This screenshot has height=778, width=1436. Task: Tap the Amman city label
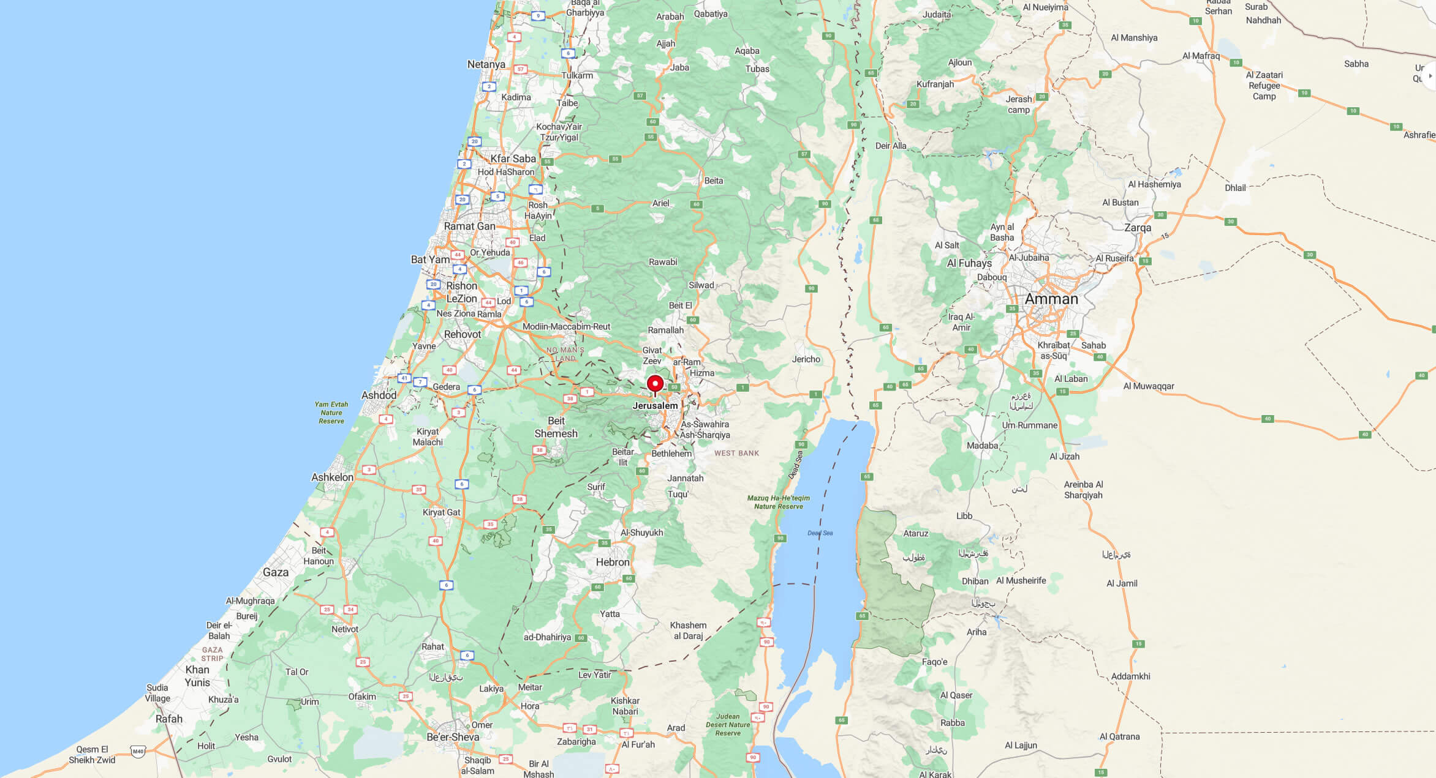coord(1051,299)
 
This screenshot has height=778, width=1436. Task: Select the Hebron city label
coord(612,562)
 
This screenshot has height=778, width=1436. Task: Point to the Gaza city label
coord(275,572)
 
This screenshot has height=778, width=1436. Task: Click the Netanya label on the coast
coord(486,64)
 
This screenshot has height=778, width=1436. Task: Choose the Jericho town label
coord(806,359)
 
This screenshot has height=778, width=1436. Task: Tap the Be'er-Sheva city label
coord(453,737)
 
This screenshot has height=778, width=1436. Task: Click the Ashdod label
coord(379,395)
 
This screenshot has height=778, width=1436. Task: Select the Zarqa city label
coord(1137,228)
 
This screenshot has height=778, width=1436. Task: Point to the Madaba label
coord(982,446)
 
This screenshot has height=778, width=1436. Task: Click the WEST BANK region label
coord(736,453)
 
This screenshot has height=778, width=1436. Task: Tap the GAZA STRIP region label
coord(212,654)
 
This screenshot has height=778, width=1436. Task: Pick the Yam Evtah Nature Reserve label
coord(331,413)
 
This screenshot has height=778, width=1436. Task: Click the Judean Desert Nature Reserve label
coord(728,725)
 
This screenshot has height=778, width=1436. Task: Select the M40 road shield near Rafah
coord(138,752)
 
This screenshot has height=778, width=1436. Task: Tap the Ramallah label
coord(665,330)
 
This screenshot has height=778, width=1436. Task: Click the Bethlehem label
coord(671,454)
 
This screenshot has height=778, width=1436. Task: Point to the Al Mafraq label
coord(1201,56)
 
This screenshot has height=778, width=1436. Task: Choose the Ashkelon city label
coord(332,477)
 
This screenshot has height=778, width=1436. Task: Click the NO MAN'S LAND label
coord(565,354)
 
